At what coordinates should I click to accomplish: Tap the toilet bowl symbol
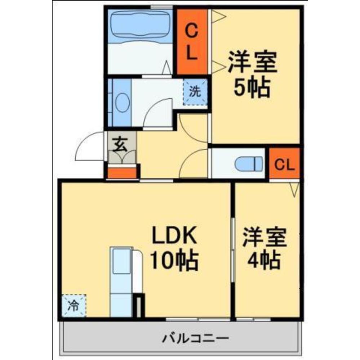tap(248, 164)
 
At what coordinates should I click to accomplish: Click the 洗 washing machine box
tap(195, 92)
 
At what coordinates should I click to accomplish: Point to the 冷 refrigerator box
tap(74, 306)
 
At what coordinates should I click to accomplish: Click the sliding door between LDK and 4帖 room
tap(232, 248)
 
